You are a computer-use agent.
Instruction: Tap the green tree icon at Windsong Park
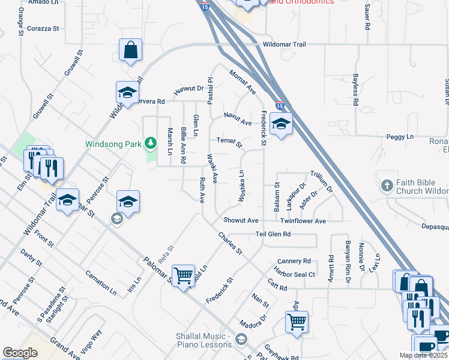point(151,143)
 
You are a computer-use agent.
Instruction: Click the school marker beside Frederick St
point(280,124)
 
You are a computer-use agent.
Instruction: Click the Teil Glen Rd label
point(273,234)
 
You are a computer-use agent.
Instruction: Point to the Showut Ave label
point(241,221)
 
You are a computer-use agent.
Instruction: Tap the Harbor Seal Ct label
point(294,275)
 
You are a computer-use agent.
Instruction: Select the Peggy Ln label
point(401,137)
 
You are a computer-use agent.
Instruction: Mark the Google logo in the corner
point(20,353)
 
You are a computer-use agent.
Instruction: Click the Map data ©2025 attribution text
point(423,355)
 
